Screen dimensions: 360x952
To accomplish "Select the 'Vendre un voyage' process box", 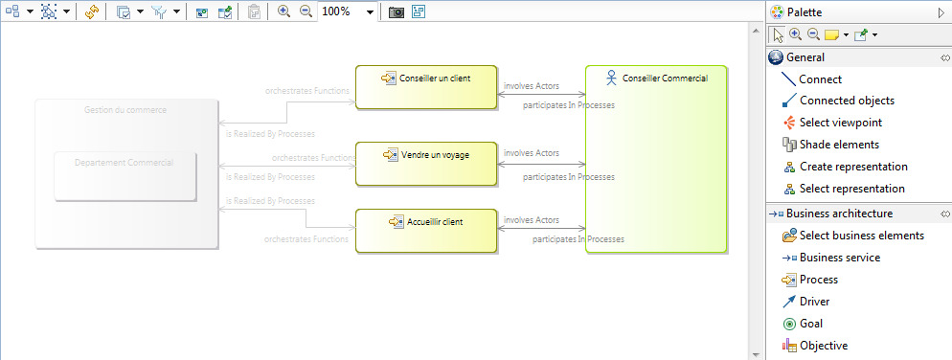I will coord(426,163).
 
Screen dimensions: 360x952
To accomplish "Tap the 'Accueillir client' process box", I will coord(426,230).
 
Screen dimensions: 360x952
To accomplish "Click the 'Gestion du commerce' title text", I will coord(125,110).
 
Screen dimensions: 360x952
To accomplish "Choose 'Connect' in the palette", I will coord(820,79).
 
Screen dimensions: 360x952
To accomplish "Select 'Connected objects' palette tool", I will coord(846,101).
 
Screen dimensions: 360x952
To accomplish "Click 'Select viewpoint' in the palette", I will coord(840,123).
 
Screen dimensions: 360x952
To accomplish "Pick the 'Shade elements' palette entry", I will coord(838,145).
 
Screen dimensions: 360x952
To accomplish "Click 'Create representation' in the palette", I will coord(851,167).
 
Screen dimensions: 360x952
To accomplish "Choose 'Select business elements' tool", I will coord(861,236).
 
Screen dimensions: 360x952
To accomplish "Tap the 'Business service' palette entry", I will coord(839,258).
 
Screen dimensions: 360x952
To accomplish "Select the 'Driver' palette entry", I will coord(816,302).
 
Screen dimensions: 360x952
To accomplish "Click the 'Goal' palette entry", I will coord(810,324).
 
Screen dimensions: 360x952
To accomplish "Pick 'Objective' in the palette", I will coord(823,346).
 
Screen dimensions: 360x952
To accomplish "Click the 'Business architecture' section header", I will coord(846,214).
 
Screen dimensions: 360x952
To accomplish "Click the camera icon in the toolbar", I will coord(396,12).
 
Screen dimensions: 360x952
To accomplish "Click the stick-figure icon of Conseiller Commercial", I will coord(610,78).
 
